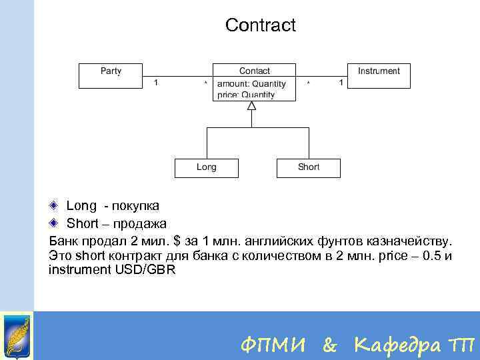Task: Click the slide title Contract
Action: [x=260, y=25]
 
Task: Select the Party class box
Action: [x=111, y=75]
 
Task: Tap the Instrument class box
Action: [x=379, y=75]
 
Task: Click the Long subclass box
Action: [x=206, y=167]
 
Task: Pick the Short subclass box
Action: [x=308, y=167]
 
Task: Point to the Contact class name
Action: [x=255, y=71]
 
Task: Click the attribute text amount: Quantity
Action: [x=251, y=84]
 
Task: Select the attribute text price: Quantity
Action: [x=246, y=95]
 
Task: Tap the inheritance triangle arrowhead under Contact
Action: [x=251, y=105]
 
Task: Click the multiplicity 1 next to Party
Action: [x=156, y=83]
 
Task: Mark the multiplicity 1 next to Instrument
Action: [x=341, y=83]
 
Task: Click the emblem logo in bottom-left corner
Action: [x=16, y=336]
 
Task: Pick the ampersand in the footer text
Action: [x=329, y=345]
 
